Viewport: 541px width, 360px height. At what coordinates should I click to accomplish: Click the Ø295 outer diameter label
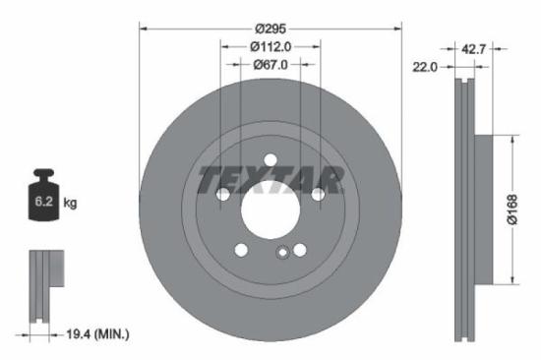pyautogui.click(x=270, y=29)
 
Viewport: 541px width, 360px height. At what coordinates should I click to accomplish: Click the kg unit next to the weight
pyautogui.click(x=71, y=204)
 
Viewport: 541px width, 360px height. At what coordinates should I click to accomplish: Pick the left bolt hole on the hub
pyautogui.click(x=223, y=196)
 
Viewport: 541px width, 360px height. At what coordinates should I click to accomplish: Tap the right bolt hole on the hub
pyautogui.click(x=318, y=196)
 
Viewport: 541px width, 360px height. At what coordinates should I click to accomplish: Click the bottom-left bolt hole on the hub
pyautogui.click(x=241, y=251)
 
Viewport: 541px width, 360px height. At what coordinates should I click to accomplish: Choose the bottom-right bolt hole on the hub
pyautogui.click(x=300, y=251)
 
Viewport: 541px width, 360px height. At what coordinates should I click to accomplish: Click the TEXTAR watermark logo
pyautogui.click(x=270, y=180)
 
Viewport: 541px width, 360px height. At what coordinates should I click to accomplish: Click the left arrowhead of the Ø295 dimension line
pyautogui.click(x=144, y=29)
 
